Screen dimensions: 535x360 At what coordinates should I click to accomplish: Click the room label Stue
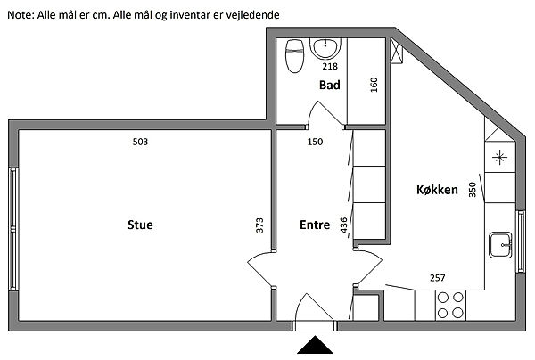click(x=140, y=225)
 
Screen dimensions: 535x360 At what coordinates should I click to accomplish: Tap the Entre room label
click(x=315, y=225)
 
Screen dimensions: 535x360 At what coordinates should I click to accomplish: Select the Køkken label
click(x=437, y=190)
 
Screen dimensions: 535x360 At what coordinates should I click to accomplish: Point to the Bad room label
click(x=330, y=85)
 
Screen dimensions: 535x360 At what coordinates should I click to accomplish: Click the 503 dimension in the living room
click(x=140, y=142)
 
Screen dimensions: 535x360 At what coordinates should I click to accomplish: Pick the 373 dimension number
click(x=259, y=225)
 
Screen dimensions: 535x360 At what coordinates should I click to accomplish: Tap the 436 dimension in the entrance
click(x=343, y=225)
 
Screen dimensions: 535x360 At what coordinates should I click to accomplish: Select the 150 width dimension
click(x=315, y=142)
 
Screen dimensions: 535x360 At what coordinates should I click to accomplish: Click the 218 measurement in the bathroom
click(x=330, y=66)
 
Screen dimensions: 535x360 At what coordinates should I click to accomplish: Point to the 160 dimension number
click(x=374, y=85)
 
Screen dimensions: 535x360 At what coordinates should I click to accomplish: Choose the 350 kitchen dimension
click(x=472, y=190)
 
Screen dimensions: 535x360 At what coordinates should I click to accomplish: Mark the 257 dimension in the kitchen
click(x=438, y=278)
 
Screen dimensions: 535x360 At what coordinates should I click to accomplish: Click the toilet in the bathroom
click(x=295, y=56)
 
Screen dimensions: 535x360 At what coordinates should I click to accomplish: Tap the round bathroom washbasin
click(x=325, y=48)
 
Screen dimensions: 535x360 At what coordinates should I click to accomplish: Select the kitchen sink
click(x=500, y=245)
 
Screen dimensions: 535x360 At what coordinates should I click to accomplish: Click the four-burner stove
click(x=450, y=305)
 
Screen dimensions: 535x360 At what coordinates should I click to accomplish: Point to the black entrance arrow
click(x=315, y=345)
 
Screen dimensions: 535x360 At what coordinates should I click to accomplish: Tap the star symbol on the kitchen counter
click(x=499, y=157)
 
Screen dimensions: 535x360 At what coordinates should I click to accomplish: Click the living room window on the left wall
click(x=13, y=229)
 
